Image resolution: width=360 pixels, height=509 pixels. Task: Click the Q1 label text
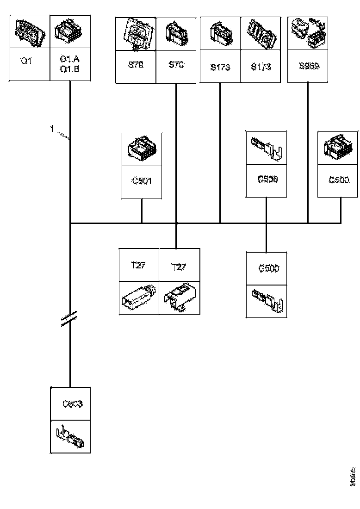(26, 61)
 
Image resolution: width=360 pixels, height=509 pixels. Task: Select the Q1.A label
(69, 59)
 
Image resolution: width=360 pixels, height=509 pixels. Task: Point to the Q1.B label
(69, 68)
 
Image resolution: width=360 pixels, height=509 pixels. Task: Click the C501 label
(142, 181)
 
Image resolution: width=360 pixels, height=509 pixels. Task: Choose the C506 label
(267, 179)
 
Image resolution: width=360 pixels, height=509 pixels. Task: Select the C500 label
(339, 180)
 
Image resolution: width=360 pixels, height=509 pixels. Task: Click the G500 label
(268, 268)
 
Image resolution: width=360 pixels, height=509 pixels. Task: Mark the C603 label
(72, 404)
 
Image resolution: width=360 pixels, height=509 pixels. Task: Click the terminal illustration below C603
(70, 436)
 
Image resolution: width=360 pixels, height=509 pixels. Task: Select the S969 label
(308, 66)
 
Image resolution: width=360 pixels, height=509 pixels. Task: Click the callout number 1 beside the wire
(52, 130)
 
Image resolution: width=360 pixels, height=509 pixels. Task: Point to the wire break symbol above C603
(69, 319)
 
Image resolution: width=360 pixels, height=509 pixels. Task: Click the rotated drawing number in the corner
(353, 477)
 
